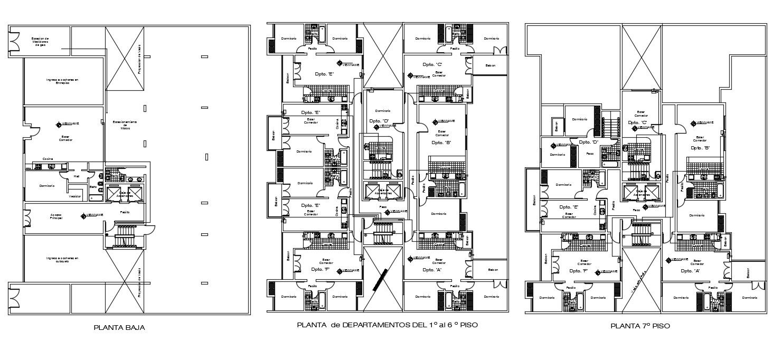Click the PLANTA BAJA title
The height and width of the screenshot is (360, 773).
119,327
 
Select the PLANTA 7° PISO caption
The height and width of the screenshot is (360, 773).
640,326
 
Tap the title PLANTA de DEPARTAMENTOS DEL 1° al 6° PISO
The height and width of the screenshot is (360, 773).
388,325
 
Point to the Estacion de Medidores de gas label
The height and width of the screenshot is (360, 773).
40,42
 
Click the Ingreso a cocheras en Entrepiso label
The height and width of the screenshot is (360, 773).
62,81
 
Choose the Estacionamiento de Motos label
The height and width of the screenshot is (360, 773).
125,125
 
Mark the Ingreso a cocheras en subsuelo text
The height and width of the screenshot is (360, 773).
62,260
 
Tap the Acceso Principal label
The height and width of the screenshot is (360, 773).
56,216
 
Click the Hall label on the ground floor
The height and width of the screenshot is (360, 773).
77,176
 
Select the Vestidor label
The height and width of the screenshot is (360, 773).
75,196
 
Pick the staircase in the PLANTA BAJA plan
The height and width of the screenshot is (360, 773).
125,235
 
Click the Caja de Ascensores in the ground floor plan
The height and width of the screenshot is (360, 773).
125,195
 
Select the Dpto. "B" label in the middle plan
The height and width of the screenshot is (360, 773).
441,143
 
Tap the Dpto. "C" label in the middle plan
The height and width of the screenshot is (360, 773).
432,64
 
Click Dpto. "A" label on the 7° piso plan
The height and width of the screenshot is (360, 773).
690,270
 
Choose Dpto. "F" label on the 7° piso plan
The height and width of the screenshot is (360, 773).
579,270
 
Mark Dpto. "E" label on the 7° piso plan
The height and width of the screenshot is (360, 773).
568,207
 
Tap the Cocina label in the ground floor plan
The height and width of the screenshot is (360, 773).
48,158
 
